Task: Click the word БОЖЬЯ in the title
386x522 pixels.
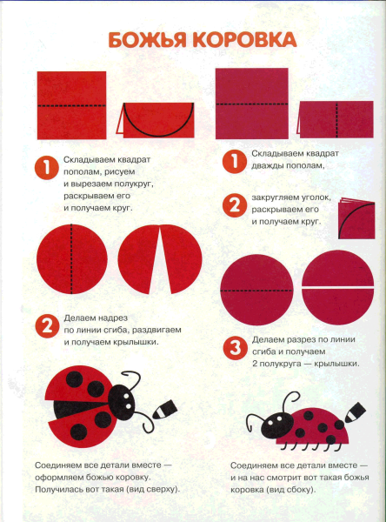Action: coord(147,40)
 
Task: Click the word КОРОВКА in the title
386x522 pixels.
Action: coord(244,40)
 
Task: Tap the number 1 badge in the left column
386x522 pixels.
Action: coord(47,168)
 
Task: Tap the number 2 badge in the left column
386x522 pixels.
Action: coord(47,326)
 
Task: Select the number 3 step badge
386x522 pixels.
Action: coord(236,347)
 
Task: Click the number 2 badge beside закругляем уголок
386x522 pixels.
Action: coord(235,205)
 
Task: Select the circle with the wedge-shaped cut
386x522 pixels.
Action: coord(160,259)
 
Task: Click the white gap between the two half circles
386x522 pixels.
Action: coord(337,286)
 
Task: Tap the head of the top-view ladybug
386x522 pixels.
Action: coord(123,399)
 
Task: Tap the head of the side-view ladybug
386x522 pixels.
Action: coord(277,425)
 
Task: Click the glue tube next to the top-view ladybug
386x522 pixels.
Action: coord(164,409)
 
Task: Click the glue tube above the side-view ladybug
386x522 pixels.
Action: coord(355,412)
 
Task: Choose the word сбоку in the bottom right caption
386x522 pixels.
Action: coord(298,490)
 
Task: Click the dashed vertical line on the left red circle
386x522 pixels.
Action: coord(71,259)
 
